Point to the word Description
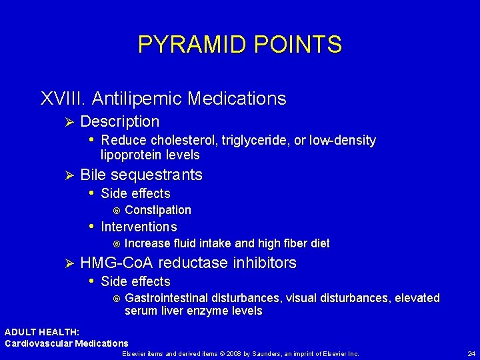point(120,122)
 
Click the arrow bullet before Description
point(65,122)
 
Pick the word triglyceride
point(254,141)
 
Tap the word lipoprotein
point(130,155)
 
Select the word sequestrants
point(156,175)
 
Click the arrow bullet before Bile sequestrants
point(65,175)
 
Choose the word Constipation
point(158,210)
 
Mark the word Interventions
point(139,227)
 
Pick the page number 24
point(471,353)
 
